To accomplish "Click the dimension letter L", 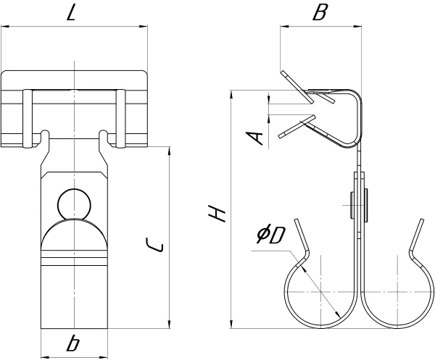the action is click(x=71, y=13).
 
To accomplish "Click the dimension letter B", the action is click(x=320, y=12).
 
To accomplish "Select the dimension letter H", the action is click(x=217, y=214).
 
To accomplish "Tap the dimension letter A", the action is click(x=254, y=138).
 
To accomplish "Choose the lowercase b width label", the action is click(x=73, y=343).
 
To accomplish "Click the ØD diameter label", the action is click(x=270, y=235).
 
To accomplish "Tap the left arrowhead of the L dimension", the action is click(x=5, y=27).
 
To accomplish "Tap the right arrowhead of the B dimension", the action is click(x=357, y=27).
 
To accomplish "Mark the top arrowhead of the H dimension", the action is click(x=231, y=94).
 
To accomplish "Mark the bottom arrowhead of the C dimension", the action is click(x=170, y=325).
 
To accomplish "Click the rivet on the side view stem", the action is click(x=359, y=206).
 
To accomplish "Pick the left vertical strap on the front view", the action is click(x=28, y=119).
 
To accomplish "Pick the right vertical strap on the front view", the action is click(x=120, y=119).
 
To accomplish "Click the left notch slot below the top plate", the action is click(x=45, y=135).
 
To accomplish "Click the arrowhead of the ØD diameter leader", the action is click(x=338, y=315).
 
